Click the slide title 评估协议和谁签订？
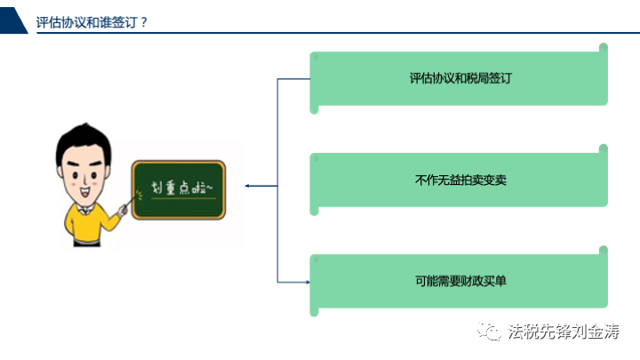coord(92,22)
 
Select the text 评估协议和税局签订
coord(460,78)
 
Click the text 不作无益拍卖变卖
coord(460,180)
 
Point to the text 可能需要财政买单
coord(460,281)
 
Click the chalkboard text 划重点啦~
coord(181,188)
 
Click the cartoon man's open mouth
coord(85,191)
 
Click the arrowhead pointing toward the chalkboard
coord(247,186)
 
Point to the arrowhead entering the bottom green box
coord(308,282)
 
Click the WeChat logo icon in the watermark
coord(489,331)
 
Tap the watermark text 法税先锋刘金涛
coord(564,331)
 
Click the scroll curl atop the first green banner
coord(604,48)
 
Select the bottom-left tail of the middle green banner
coord(314,211)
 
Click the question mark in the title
coord(143,22)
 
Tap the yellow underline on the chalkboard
coord(183,198)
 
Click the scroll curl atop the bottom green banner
coord(604,251)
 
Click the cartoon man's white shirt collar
coord(84,210)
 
